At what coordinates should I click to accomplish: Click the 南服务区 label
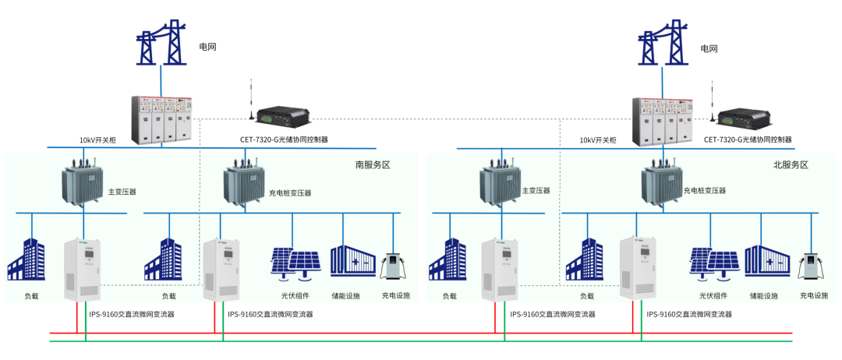tap(372, 165)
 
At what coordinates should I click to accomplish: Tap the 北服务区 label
tap(791, 165)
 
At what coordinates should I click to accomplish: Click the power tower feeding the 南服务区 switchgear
tap(161, 44)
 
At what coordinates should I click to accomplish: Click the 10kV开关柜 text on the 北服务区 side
tap(598, 141)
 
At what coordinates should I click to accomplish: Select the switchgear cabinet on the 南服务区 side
tap(161, 119)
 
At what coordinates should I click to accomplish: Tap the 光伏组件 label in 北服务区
tap(713, 296)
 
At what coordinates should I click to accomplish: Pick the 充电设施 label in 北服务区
tap(814, 296)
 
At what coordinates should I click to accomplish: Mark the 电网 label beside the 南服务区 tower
tap(207, 47)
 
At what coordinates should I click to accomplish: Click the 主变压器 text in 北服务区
tap(536, 191)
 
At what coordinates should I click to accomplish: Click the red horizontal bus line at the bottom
tap(421, 334)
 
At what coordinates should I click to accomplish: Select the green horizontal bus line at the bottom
tap(421, 341)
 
